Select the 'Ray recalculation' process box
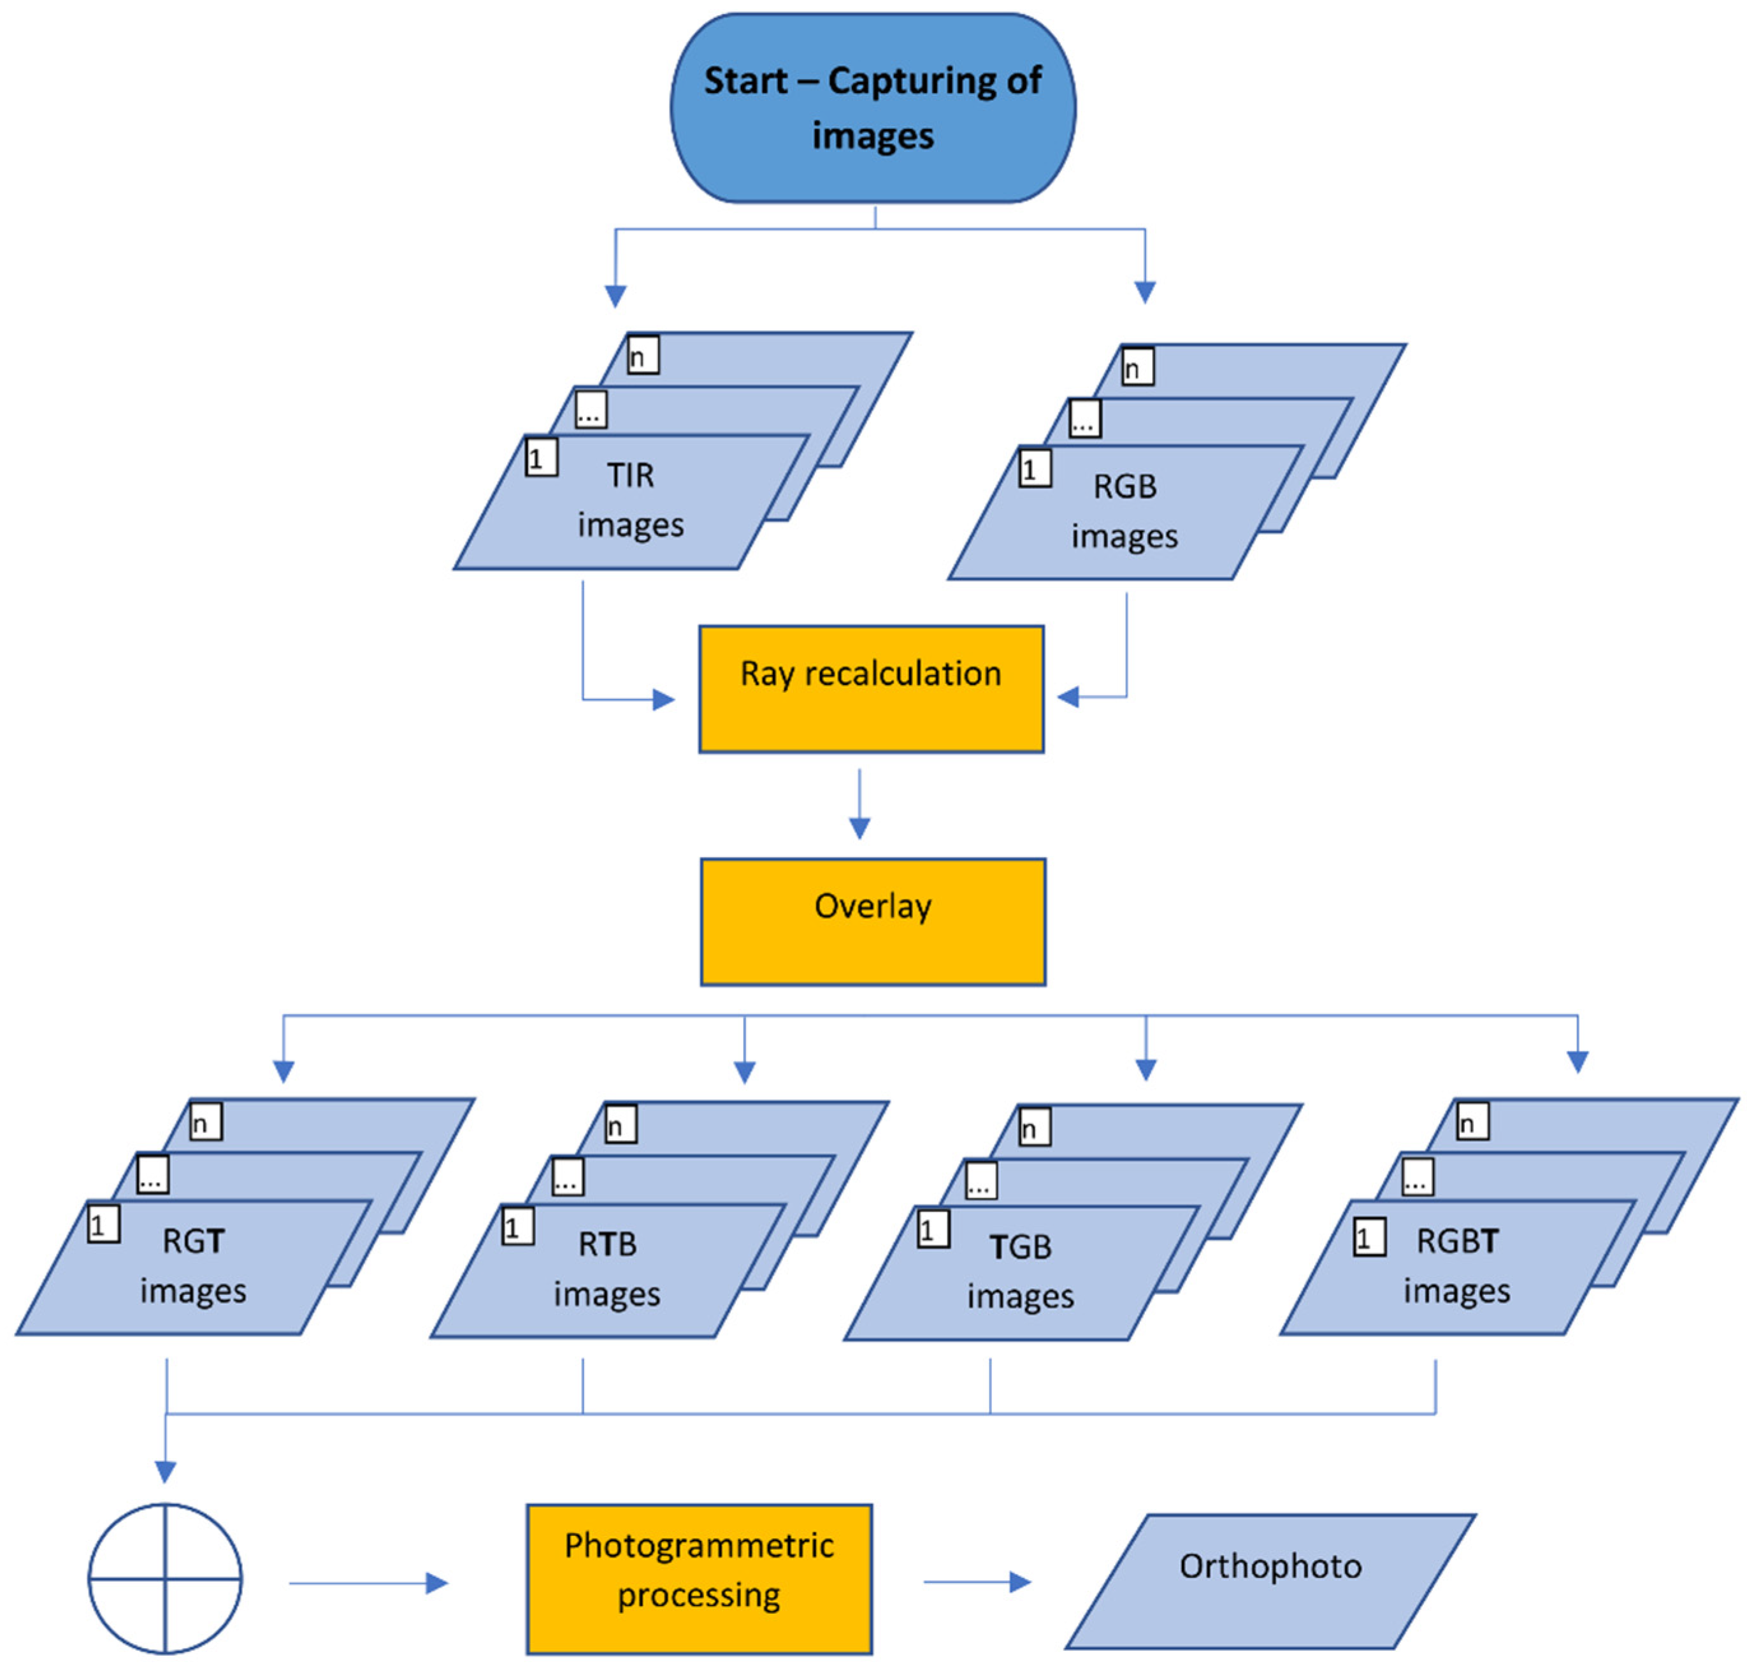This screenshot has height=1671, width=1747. (x=871, y=688)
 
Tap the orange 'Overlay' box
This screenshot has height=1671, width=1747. (x=873, y=921)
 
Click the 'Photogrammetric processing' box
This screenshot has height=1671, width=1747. (x=699, y=1579)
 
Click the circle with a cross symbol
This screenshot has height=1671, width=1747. (x=165, y=1579)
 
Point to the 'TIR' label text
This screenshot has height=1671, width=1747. (x=630, y=475)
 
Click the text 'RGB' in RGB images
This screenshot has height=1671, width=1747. (x=1125, y=486)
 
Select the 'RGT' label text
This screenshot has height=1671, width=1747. (x=193, y=1241)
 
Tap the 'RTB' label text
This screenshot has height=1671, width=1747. (x=607, y=1243)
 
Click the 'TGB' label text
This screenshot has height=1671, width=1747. (x=1021, y=1246)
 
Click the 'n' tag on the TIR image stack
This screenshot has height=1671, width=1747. (x=643, y=354)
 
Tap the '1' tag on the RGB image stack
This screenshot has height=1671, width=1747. (x=1034, y=468)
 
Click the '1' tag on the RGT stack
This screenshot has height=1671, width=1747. (x=103, y=1224)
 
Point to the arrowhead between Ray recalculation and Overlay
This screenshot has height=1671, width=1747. (x=859, y=827)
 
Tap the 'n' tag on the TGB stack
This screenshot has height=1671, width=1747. (x=1034, y=1126)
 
